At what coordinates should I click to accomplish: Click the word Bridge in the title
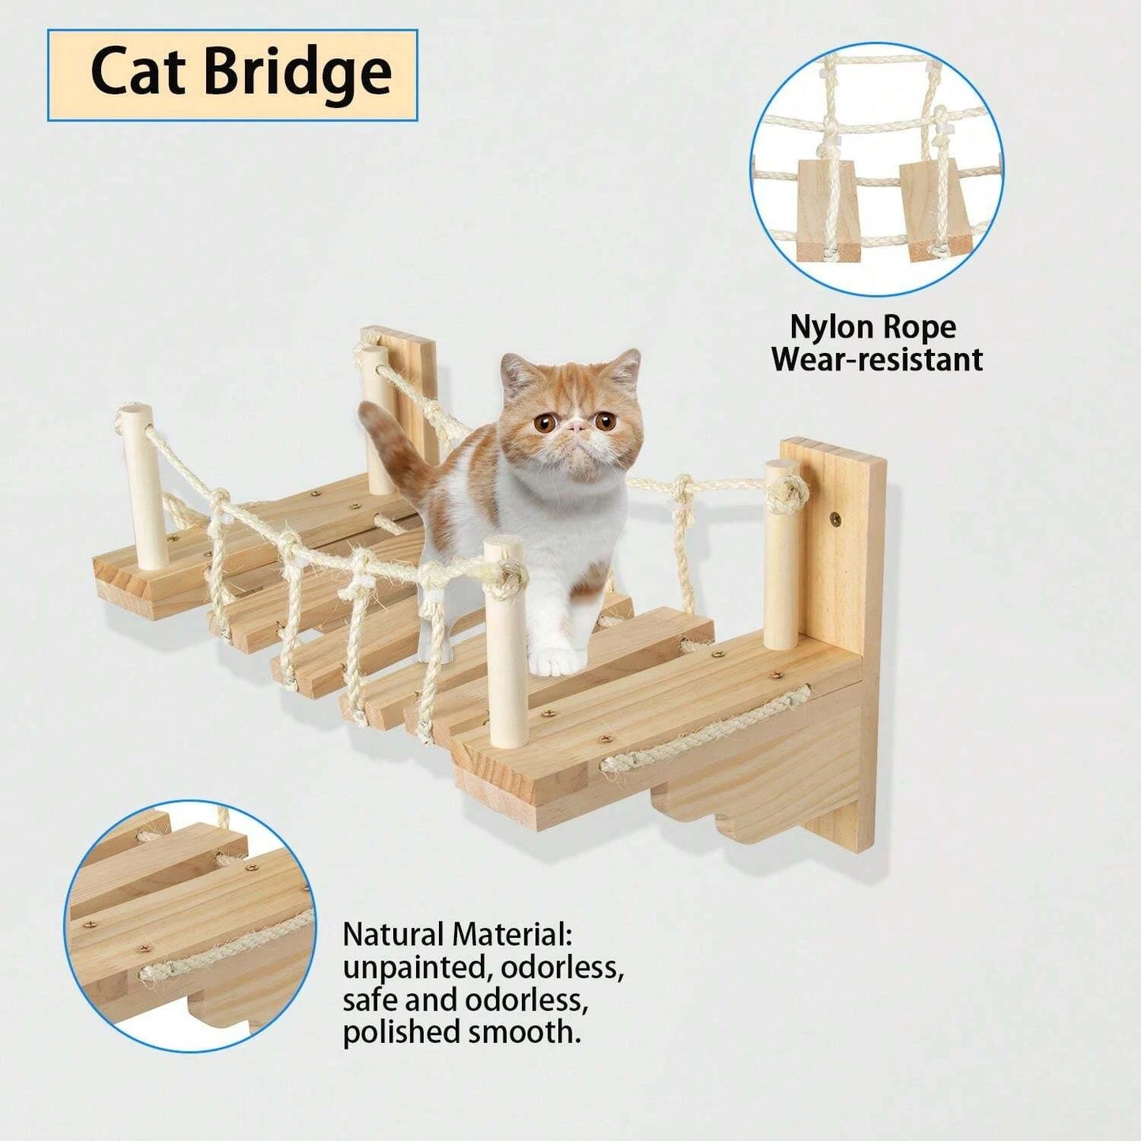click(x=299, y=77)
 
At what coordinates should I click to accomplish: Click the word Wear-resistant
click(x=877, y=359)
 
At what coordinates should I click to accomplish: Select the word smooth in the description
click(x=524, y=1033)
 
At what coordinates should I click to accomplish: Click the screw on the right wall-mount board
click(x=836, y=519)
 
